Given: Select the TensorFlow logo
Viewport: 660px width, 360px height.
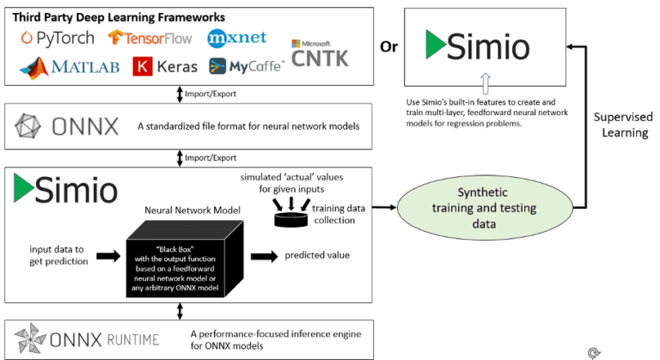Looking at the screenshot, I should pyautogui.click(x=151, y=39).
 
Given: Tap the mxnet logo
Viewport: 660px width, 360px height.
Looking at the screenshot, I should pyautogui.click(x=237, y=39).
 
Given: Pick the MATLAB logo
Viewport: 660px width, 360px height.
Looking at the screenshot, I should pyautogui.click(x=70, y=66).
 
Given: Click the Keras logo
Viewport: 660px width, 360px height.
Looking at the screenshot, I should pyautogui.click(x=165, y=66).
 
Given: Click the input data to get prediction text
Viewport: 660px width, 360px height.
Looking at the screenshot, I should pyautogui.click(x=54, y=255).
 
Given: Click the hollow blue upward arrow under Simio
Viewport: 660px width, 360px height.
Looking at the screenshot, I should pyautogui.click(x=464, y=86).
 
